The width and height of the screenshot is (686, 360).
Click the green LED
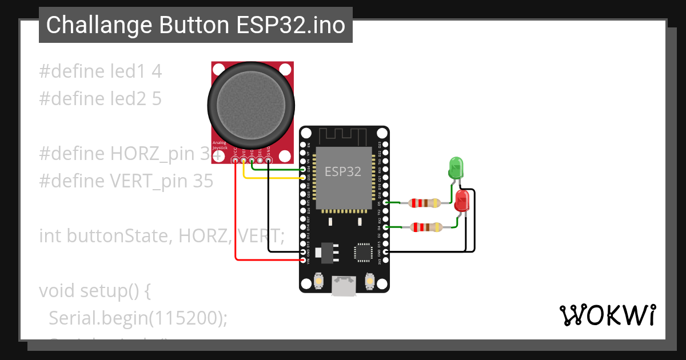tap(456, 168)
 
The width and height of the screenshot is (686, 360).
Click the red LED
tap(462, 201)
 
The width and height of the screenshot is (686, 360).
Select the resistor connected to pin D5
tap(424, 203)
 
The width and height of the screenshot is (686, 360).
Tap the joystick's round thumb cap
tap(251, 105)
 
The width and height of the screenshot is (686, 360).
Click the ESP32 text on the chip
tap(343, 171)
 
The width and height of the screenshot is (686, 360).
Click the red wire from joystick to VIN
tap(236, 217)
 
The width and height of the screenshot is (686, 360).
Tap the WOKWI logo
tap(607, 315)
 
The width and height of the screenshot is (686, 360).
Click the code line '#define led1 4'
tap(100, 71)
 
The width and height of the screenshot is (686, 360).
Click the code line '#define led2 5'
tap(100, 99)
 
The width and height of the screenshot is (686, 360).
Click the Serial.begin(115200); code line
tap(138, 318)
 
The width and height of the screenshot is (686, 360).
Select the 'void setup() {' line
tap(94, 290)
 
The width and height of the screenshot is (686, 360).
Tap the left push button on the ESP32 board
tap(319, 282)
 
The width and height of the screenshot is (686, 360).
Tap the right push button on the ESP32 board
tap(370, 282)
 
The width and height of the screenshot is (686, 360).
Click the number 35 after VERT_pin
tap(202, 181)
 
